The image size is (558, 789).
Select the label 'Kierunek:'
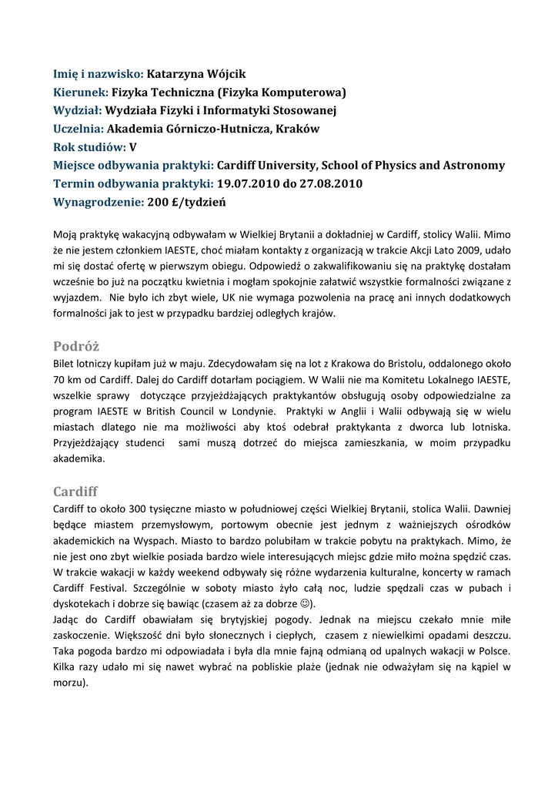(81, 92)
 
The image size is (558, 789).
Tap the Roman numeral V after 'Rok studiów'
(133, 147)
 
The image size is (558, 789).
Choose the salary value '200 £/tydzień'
(187, 203)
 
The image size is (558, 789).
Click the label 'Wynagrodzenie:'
(99, 203)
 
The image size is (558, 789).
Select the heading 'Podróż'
(76, 346)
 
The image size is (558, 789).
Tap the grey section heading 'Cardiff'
(75, 491)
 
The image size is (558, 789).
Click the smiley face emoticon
(306, 604)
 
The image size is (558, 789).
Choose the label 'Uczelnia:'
(79, 129)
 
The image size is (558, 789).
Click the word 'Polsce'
(493, 652)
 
